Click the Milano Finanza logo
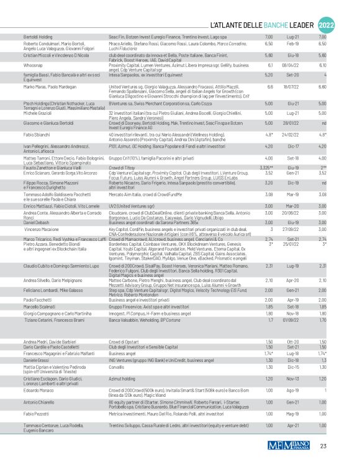(290, 445)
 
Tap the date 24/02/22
(292, 135)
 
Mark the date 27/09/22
(292, 228)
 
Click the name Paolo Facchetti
(39, 299)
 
